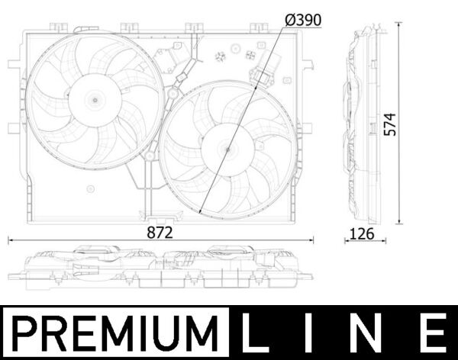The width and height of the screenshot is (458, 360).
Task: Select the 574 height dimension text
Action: point(389,124)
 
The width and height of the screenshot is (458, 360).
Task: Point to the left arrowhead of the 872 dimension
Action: point(10,240)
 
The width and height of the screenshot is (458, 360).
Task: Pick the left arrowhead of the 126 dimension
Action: point(347,240)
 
